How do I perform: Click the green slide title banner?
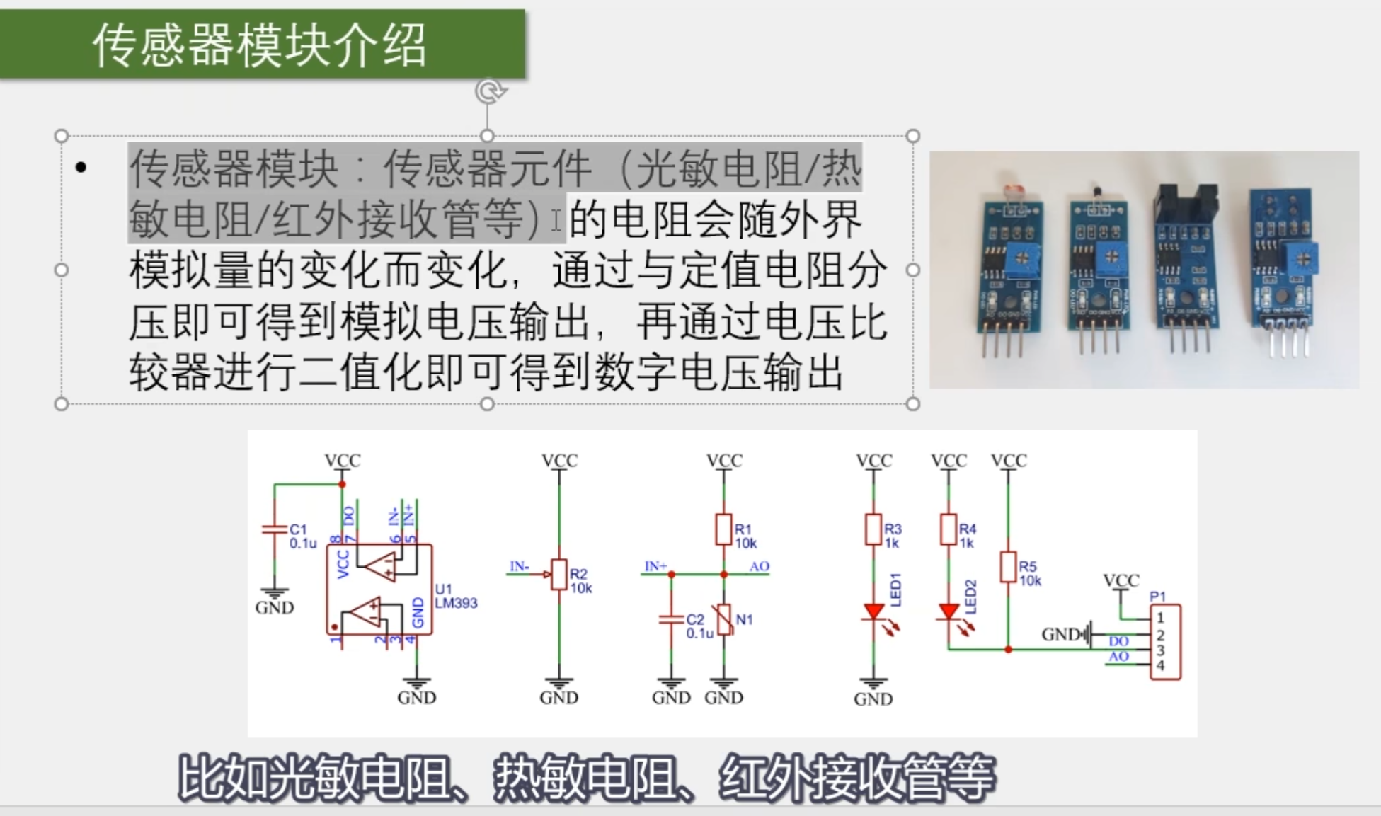click(x=262, y=44)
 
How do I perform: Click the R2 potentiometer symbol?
click(x=559, y=575)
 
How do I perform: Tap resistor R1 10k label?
click(x=745, y=536)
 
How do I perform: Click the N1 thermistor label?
click(x=744, y=619)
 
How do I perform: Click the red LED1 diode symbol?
click(x=874, y=611)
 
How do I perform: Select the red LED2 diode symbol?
click(x=949, y=611)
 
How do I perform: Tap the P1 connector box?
click(x=1165, y=642)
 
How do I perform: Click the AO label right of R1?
click(x=760, y=566)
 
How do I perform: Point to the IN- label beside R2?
click(x=520, y=566)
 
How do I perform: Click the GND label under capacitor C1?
click(x=275, y=607)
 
